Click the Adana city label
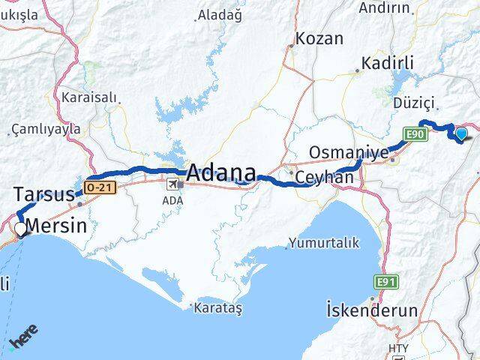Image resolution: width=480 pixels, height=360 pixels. pyautogui.click(x=220, y=172)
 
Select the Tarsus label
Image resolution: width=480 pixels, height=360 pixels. pyautogui.click(x=43, y=194)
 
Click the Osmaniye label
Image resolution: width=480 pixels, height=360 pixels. pyautogui.click(x=349, y=153)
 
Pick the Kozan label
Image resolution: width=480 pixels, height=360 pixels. pyautogui.click(x=319, y=38)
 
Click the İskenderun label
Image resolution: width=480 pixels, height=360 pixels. pyautogui.click(x=372, y=308)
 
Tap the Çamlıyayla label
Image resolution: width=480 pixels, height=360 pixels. pyautogui.click(x=46, y=128)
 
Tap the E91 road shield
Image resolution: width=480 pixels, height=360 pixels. pyautogui.click(x=385, y=281)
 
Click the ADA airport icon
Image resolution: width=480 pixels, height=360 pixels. pyautogui.click(x=172, y=184)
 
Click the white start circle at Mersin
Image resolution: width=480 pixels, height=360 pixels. pyautogui.click(x=20, y=227)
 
